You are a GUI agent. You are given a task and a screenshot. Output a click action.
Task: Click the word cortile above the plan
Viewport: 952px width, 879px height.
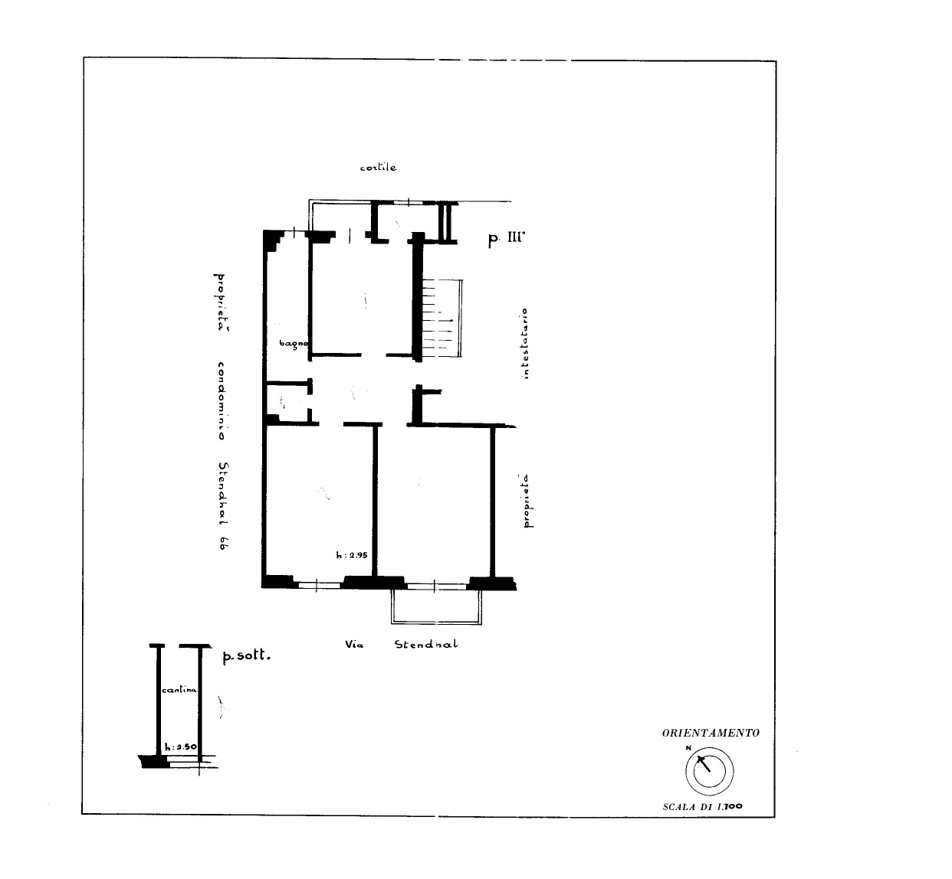378,167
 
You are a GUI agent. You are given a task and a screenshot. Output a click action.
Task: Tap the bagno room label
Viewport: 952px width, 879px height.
294,344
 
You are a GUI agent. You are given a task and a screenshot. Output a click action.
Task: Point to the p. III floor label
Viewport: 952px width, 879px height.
506,238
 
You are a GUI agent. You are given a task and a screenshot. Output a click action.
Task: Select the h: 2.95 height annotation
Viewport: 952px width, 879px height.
352,555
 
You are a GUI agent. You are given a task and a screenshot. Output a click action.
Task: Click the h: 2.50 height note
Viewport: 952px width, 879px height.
181,747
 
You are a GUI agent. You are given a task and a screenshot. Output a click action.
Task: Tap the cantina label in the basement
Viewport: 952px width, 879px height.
179,690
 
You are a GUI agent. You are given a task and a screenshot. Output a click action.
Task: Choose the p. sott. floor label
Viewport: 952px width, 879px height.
246,655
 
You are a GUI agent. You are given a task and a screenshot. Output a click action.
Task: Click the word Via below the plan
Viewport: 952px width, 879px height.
354,644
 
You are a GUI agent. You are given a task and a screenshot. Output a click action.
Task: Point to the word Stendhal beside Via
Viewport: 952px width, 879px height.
426,644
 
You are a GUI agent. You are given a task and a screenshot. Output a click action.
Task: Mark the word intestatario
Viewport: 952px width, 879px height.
526,344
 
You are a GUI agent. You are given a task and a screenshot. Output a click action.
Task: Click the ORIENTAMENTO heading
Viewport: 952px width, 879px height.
711,733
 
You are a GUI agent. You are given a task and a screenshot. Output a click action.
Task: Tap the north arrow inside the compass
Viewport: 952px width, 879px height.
703,763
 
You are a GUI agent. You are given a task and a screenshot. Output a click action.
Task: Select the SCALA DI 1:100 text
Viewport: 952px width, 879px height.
703,807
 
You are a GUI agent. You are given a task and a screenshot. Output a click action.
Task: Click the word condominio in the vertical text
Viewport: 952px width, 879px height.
221,401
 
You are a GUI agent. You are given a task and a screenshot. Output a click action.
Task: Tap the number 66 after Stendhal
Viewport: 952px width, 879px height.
223,543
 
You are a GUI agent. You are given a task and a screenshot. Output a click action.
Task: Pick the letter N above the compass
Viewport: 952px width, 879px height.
688,748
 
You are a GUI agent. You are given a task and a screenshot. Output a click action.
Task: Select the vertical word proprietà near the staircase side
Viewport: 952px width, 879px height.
528,501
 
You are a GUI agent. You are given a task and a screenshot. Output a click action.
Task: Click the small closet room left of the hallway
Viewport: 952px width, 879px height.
287,404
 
